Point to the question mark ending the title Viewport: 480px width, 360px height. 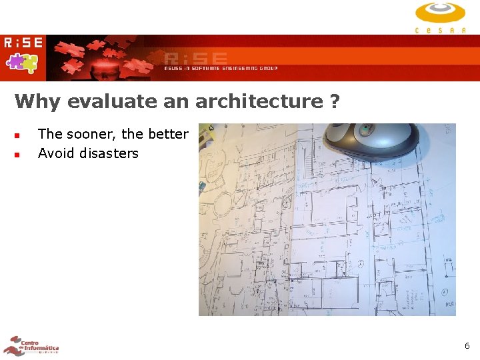[334, 101]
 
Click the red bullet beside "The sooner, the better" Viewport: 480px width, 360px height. [18, 135]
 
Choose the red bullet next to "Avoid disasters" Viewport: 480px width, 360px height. [18, 154]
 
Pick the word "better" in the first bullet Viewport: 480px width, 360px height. [168, 134]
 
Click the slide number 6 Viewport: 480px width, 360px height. [467, 346]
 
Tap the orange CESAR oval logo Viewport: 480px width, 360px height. [440, 13]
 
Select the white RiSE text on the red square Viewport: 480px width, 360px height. [23, 43]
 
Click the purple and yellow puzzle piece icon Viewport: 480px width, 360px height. [22, 63]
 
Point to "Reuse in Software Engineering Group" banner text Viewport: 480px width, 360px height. [221, 68]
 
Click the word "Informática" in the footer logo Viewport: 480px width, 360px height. [42, 348]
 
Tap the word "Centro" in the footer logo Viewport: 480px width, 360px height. [31, 342]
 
